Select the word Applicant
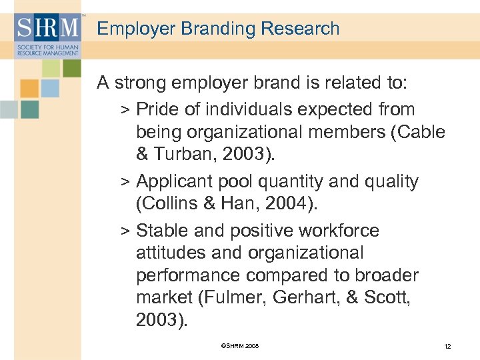click(x=176, y=181)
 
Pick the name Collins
click(x=169, y=203)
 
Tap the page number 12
click(x=447, y=346)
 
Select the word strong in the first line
click(x=138, y=83)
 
